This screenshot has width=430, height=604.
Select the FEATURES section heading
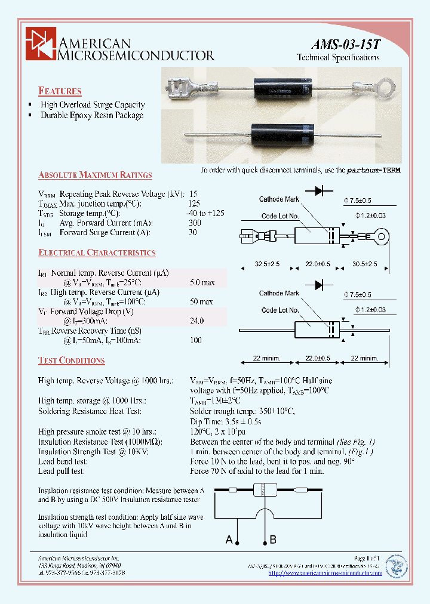(60, 91)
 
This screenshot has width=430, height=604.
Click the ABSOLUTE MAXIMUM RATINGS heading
(95, 175)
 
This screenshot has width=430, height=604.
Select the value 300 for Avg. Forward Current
(195, 223)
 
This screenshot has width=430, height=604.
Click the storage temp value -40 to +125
(206, 213)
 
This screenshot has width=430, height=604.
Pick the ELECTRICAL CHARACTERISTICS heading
(97, 253)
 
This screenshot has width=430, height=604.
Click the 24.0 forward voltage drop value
(196, 321)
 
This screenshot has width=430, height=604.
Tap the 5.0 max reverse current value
(202, 282)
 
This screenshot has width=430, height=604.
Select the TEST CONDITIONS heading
(71, 360)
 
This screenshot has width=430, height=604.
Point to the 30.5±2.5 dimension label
(364, 264)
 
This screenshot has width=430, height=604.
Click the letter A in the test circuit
(229, 540)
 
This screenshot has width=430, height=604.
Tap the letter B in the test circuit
(273, 540)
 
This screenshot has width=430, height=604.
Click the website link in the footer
(325, 573)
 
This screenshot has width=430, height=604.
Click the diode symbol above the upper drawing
(319, 190)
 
